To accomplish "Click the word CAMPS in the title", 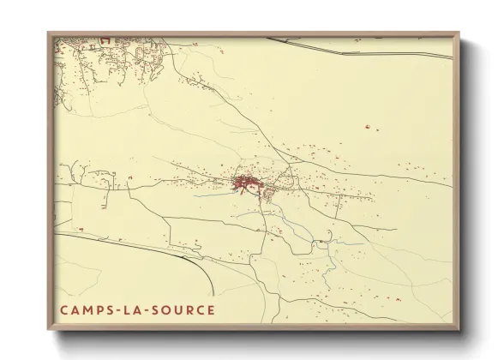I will [87, 309].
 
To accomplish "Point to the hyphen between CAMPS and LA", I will [119, 309].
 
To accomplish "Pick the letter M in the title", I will [88, 309].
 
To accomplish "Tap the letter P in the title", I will [100, 309].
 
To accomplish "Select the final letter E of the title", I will [211, 309].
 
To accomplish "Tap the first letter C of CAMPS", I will [63, 309].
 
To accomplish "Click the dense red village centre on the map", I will [246, 182].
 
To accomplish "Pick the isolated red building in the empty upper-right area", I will [369, 128].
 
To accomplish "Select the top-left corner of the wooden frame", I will [49, 34].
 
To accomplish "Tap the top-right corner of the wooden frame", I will [458, 34].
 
